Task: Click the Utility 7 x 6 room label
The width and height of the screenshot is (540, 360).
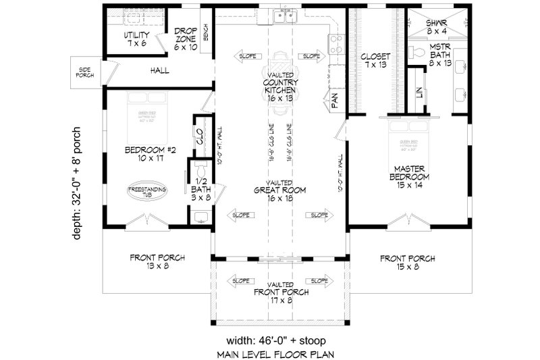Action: tap(137, 39)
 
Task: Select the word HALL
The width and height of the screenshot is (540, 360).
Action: tap(160, 70)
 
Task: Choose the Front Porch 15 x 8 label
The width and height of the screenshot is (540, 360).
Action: tap(408, 261)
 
